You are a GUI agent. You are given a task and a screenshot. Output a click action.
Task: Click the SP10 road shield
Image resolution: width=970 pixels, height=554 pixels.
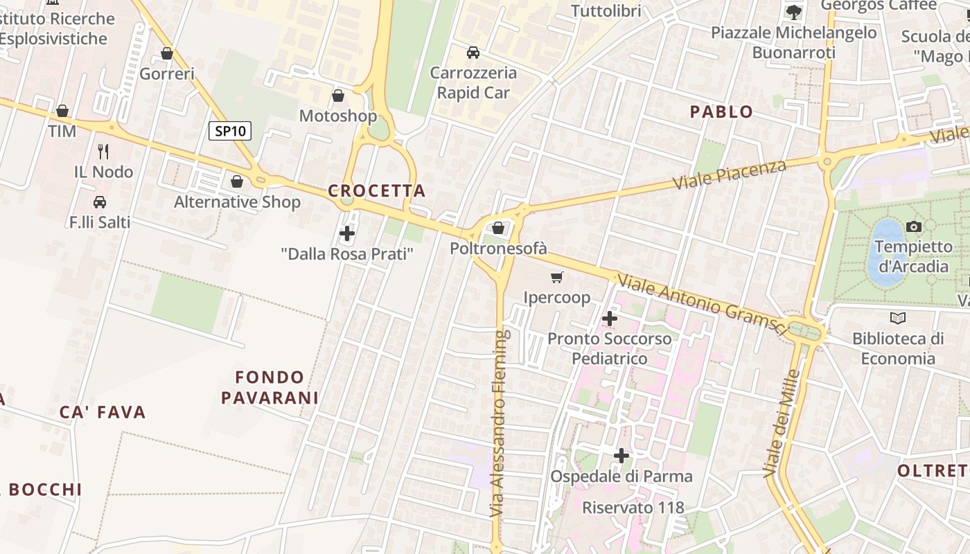click(230, 130)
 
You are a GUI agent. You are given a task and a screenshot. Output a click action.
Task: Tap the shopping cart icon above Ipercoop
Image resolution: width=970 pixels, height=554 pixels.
click(556, 278)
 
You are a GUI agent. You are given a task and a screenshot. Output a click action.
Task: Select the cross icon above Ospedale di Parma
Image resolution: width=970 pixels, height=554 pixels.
click(621, 456)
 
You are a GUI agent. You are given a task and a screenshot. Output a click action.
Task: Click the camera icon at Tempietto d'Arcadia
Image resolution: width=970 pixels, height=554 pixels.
click(914, 226)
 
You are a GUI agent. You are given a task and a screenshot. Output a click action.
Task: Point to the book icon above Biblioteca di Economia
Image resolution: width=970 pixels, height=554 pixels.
click(898, 318)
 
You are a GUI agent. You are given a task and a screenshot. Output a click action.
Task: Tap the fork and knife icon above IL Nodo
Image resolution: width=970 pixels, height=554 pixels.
click(103, 151)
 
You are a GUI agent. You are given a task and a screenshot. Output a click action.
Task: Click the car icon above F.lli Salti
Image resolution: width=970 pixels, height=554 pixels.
click(100, 202)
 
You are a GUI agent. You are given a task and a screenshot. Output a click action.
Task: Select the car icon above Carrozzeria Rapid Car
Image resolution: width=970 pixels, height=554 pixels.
click(473, 53)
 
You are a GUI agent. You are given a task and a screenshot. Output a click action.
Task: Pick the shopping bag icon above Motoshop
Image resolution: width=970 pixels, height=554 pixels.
click(338, 96)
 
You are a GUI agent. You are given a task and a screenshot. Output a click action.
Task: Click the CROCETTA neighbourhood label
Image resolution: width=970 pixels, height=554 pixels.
click(377, 190)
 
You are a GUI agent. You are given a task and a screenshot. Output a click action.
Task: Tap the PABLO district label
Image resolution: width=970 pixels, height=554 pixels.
click(722, 111)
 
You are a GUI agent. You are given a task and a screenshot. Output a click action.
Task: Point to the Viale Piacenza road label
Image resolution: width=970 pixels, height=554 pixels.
click(730, 176)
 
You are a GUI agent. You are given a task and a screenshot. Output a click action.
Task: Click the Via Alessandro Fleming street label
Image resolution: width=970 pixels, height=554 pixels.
click(500, 422)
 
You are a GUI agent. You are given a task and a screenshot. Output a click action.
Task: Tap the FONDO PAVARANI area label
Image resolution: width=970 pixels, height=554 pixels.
click(270, 387)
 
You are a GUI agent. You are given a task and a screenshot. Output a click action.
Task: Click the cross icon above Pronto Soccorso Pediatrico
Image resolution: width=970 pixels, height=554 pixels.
click(610, 319)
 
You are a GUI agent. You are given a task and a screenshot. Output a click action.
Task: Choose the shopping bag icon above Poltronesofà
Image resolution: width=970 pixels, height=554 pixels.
click(498, 228)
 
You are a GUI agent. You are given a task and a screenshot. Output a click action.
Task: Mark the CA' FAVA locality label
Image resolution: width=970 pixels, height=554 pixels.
click(103, 413)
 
